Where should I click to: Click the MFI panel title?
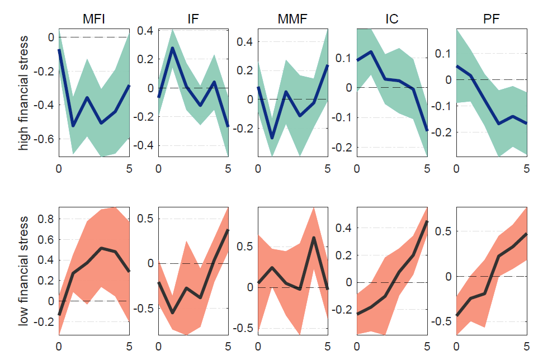[94, 20]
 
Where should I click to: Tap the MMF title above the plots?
[292, 20]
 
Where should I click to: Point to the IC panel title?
[391, 20]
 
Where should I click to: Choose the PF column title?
[492, 20]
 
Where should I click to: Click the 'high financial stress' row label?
[24, 92]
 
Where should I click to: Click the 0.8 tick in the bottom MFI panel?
[46, 219]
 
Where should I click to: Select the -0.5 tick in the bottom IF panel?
[144, 308]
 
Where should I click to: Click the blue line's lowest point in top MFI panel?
[73, 126]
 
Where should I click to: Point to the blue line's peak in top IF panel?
[172, 48]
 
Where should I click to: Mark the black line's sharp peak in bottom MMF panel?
[314, 238]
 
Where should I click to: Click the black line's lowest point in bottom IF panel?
[172, 312]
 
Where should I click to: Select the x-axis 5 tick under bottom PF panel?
[527, 345]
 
